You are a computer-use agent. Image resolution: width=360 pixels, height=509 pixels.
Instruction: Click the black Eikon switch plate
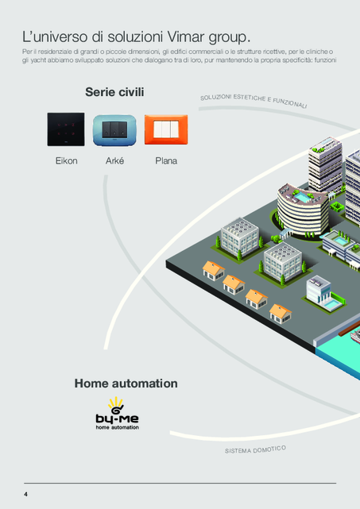click(x=66, y=129)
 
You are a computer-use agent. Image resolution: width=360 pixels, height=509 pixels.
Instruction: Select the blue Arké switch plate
click(x=114, y=130)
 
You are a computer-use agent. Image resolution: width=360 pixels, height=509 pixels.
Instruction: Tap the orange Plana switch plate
click(x=166, y=129)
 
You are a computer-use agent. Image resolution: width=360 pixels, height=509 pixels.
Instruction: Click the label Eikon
click(x=66, y=160)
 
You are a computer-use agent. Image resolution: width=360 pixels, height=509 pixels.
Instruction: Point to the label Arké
click(x=114, y=160)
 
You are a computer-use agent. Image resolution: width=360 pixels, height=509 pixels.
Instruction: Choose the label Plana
click(x=166, y=160)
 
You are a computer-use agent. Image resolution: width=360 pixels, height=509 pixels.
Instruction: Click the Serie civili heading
click(x=114, y=92)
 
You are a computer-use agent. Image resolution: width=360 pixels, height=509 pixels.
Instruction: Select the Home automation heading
click(x=126, y=384)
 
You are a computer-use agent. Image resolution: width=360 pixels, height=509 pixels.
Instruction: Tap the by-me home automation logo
click(x=118, y=414)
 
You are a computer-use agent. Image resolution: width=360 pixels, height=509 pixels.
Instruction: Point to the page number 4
click(x=25, y=495)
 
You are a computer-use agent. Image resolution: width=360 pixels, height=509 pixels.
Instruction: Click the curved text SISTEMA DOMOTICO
click(x=255, y=449)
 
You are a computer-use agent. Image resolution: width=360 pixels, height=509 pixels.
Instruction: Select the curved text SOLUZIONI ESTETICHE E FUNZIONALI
click(x=254, y=101)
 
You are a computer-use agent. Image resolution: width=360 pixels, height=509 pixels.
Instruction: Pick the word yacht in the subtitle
click(x=38, y=60)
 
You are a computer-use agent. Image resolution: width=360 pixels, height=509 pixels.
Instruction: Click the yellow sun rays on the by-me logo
click(x=115, y=403)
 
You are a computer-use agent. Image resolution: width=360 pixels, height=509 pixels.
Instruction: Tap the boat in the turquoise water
click(x=355, y=336)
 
